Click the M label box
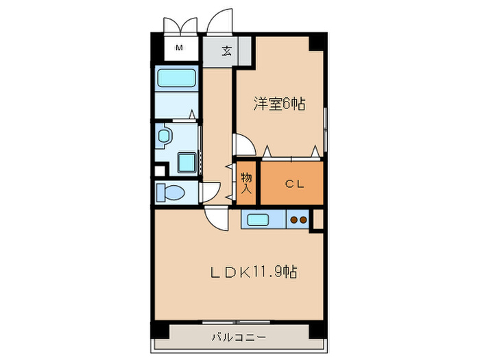(180, 49)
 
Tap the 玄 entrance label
(226, 50)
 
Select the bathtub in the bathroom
(177, 78)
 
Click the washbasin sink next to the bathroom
(163, 138)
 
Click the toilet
(169, 193)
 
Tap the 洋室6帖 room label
(279, 104)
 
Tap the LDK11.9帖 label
(253, 272)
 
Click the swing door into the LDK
(217, 218)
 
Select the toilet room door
(209, 191)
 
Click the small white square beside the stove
(317, 219)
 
